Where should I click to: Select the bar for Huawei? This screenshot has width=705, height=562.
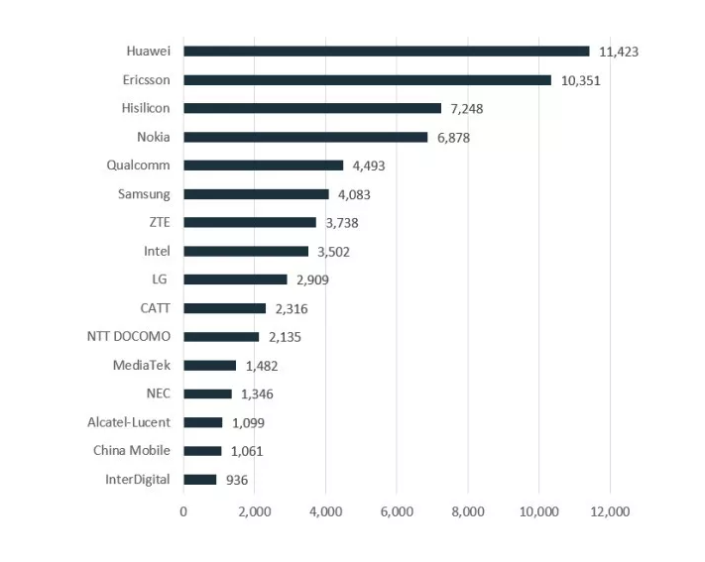tap(386, 52)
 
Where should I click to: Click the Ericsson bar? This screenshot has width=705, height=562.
tap(367, 80)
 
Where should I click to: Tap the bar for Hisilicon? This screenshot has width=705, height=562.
tap(312, 108)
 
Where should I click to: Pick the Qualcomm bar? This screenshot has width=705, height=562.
tap(263, 166)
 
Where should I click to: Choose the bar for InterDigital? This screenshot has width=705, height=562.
tap(199, 480)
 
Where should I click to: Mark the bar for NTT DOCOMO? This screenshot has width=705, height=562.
tap(221, 337)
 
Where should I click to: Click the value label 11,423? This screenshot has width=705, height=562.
tap(619, 52)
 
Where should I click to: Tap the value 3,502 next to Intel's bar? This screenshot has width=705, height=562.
tap(333, 252)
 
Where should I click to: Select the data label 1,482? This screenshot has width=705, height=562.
tap(262, 366)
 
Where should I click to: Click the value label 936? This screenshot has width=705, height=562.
tap(236, 481)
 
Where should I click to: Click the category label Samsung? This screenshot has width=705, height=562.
tap(144, 194)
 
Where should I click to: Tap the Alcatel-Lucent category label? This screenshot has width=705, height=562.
tap(129, 422)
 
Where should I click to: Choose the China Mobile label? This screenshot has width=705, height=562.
tap(132, 451)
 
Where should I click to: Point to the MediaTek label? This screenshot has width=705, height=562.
tap(142, 366)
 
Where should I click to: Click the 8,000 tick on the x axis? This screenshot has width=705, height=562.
tap(467, 511)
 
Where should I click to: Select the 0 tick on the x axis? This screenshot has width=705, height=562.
tap(183, 511)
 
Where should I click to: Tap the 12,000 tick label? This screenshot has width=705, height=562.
tap(609, 511)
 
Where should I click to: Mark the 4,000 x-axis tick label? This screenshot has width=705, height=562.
tap(325, 511)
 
